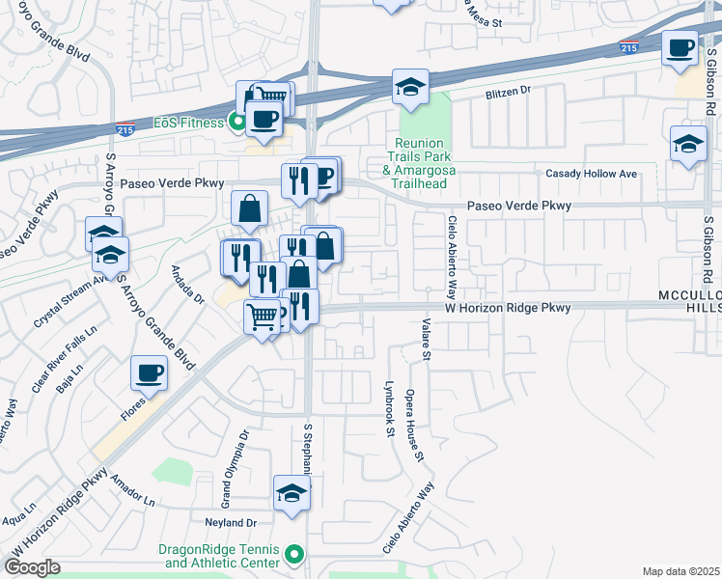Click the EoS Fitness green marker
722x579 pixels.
point(235,123)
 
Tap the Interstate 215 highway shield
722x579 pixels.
point(628,47)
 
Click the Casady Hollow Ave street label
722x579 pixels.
point(592,174)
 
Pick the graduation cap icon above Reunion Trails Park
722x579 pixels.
point(410,87)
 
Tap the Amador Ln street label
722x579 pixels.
point(132,490)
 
